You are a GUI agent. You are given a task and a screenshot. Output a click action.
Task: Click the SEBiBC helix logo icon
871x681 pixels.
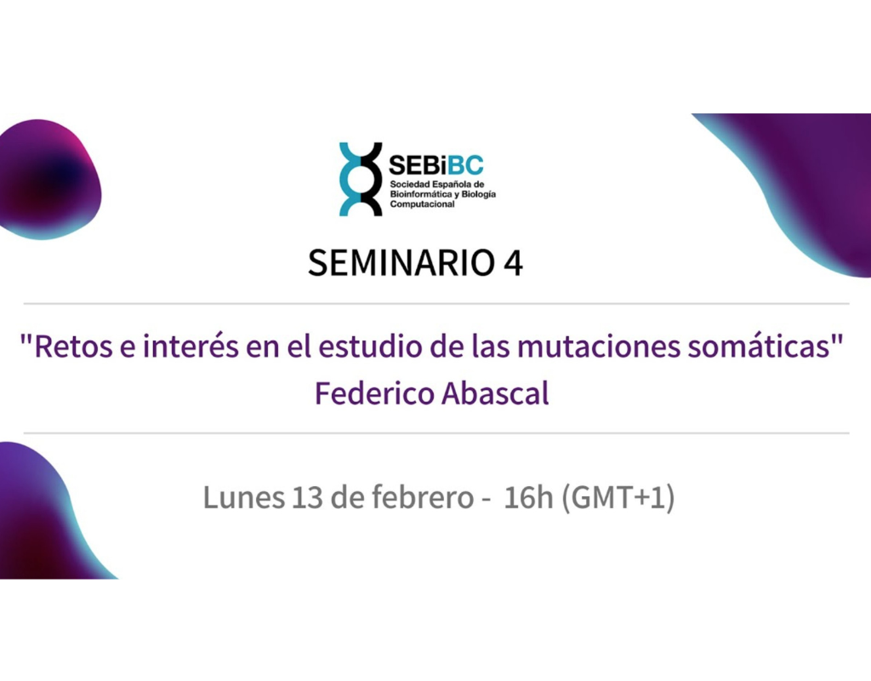tap(361, 179)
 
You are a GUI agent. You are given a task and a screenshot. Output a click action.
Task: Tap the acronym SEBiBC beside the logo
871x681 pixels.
tap(436, 164)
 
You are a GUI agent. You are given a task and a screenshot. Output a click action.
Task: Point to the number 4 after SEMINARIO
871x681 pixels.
tap(513, 263)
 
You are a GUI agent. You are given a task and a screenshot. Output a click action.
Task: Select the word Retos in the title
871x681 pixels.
tap(73, 346)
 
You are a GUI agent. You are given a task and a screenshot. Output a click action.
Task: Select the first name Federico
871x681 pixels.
tap(374, 393)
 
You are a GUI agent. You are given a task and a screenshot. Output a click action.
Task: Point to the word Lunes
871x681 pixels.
tap(244, 496)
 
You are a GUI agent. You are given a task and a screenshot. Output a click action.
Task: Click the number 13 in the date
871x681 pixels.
tap(306, 497)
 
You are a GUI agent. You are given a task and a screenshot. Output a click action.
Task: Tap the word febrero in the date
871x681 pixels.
tap(423, 496)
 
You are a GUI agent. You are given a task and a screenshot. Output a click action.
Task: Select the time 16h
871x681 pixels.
tap(528, 496)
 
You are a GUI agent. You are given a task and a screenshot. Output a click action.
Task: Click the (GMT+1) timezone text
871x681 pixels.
tap(618, 497)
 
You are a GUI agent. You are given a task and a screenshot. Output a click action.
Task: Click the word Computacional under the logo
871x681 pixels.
tap(422, 204)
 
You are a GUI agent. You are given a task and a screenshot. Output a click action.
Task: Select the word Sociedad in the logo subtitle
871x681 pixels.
tap(407, 184)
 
